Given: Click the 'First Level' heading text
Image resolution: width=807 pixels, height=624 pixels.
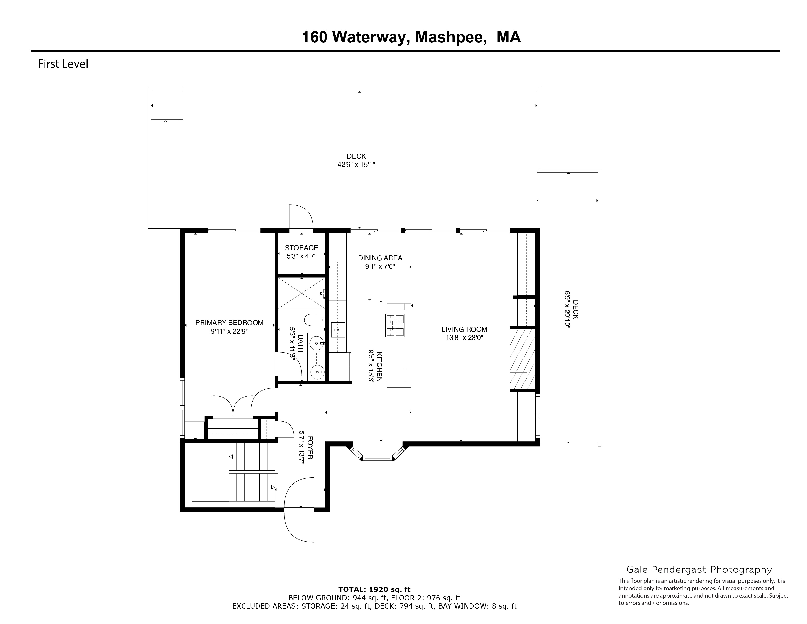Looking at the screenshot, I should pos(63,64).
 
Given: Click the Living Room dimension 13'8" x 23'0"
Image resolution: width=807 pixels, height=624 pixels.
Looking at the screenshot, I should pos(464,337).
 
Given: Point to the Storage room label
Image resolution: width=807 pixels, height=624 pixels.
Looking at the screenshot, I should pos(301,248).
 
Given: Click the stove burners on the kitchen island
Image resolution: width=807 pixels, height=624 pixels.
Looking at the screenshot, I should pos(395,325).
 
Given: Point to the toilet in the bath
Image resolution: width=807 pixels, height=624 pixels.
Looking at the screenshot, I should pos(314,320).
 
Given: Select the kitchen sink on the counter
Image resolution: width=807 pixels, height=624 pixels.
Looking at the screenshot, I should pos(337,330).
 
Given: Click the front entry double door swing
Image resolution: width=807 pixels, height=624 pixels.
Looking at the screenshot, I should pos(300,510).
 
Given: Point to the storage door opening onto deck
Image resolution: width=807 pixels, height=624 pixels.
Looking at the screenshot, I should pos(301,218).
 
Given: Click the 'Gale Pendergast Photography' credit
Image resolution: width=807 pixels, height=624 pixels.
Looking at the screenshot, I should pos(699,570).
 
